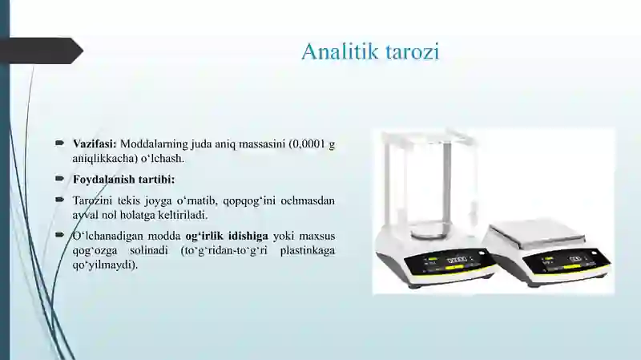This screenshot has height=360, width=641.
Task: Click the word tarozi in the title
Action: click(413, 52)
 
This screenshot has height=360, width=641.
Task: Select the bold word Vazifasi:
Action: click(95, 144)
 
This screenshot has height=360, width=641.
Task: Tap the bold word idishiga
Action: click(248, 237)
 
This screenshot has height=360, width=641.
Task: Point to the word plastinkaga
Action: click(308, 251)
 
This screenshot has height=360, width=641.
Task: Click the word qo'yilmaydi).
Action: click(105, 265)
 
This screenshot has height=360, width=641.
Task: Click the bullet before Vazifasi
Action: click(60, 144)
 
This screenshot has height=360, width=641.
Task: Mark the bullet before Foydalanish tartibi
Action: click(60, 178)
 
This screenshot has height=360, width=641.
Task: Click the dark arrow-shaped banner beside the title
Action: click(42, 51)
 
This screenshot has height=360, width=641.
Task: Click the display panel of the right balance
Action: click(566, 261)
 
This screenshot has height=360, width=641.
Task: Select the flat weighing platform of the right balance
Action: click(538, 233)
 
